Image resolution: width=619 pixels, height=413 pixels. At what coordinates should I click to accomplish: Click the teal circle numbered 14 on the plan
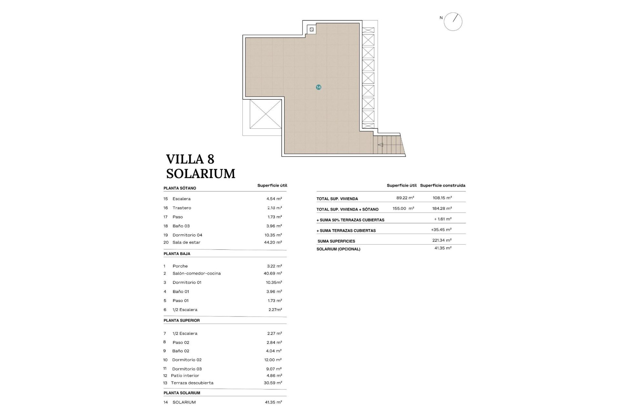click(319, 87)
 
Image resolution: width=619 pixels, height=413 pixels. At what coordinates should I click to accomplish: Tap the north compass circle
click(453, 22)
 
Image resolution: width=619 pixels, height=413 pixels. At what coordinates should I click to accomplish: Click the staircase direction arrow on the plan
click(380, 145)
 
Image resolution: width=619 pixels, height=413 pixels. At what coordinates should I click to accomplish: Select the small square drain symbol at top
click(311, 30)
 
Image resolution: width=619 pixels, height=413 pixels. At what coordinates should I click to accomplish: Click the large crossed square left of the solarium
click(266, 114)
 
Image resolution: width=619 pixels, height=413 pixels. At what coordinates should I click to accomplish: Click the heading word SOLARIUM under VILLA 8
click(201, 174)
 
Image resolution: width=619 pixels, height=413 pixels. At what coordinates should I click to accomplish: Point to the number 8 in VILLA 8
click(211, 159)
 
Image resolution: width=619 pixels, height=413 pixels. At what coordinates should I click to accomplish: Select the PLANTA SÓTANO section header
click(180, 188)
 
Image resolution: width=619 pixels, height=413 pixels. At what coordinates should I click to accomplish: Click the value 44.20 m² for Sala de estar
click(273, 242)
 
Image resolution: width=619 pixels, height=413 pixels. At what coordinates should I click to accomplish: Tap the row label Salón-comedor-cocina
click(196, 273)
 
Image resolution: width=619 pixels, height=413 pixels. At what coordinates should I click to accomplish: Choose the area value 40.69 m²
click(273, 273)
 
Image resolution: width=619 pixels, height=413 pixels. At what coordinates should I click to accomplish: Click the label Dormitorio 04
click(187, 235)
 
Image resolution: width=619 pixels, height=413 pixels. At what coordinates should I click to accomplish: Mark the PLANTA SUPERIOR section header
click(182, 320)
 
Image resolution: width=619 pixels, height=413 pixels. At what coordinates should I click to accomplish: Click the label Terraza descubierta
click(192, 383)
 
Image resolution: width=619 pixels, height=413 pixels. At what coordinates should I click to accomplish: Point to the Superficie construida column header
click(443, 186)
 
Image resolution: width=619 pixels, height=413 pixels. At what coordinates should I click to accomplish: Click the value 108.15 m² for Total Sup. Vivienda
click(442, 198)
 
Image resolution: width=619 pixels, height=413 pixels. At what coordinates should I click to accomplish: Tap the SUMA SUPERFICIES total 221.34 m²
click(442, 240)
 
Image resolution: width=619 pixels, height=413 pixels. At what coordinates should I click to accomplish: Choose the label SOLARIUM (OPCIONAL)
click(338, 249)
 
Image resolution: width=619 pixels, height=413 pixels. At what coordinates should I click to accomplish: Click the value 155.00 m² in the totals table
click(403, 208)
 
